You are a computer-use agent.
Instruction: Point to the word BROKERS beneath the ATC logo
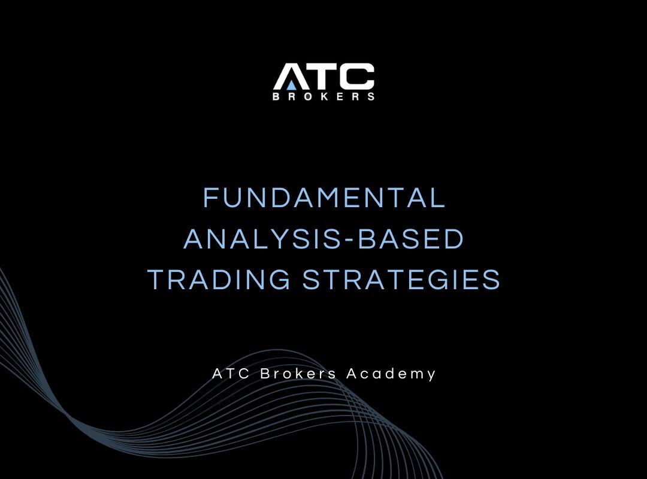[323, 96]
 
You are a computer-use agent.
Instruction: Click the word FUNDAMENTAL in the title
[324, 198]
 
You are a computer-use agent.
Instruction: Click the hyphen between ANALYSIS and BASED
[348, 240]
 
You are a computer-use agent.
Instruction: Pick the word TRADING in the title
[219, 280]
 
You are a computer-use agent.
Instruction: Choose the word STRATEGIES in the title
[401, 280]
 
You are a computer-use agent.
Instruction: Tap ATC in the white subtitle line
[232, 374]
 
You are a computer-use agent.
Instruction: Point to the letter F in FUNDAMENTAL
[211, 198]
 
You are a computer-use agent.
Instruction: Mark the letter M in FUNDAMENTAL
[333, 198]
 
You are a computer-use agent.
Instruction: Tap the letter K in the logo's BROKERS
[324, 96]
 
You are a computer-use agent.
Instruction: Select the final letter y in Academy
[431, 375]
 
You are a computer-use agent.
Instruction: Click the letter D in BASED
[455, 239]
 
